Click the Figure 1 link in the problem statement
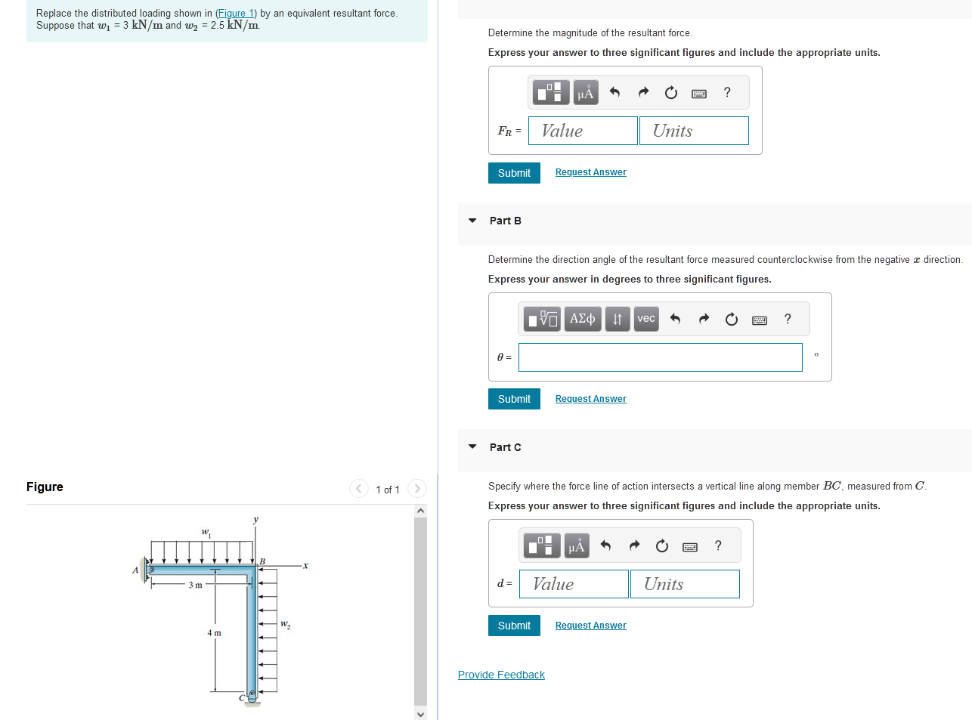coord(236,13)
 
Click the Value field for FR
coord(583,131)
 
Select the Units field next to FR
coord(694,131)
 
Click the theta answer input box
coord(660,357)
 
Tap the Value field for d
coord(574,584)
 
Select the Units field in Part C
coord(685,584)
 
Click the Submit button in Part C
coord(514,626)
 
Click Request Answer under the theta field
coord(590,399)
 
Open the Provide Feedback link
coord(501,675)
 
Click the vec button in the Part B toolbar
coord(646,319)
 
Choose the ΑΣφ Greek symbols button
coord(582,319)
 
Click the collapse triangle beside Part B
coord(472,221)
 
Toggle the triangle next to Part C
coord(472,447)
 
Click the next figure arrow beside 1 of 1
coord(417,489)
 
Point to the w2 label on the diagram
coord(285,625)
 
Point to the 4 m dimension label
coord(215,633)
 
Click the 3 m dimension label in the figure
coord(195,585)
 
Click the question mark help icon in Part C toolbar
coord(718,545)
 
